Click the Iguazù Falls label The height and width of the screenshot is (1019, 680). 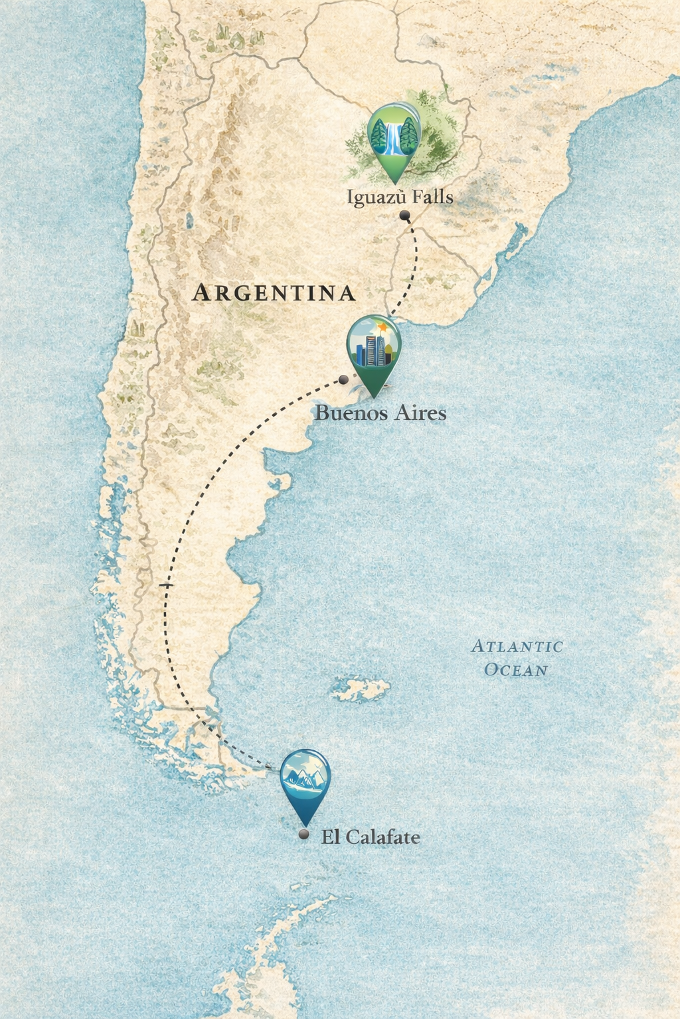pos(400,197)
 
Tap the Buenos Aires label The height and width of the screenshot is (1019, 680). pos(381,413)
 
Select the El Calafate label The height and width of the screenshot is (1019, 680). pos(371,837)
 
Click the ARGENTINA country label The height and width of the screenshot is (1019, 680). pos(274,293)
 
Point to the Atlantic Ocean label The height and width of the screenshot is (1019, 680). pos(517,657)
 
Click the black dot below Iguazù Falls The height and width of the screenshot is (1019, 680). pos(404,215)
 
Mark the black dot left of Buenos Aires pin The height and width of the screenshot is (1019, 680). pos(343,379)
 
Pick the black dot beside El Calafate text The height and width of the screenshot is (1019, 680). pos(304,835)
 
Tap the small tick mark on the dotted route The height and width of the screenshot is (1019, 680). pos(165,586)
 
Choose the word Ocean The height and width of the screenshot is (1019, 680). pos(516,670)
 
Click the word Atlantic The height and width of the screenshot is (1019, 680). pos(517,646)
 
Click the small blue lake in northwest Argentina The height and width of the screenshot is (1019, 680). pos(190,220)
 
